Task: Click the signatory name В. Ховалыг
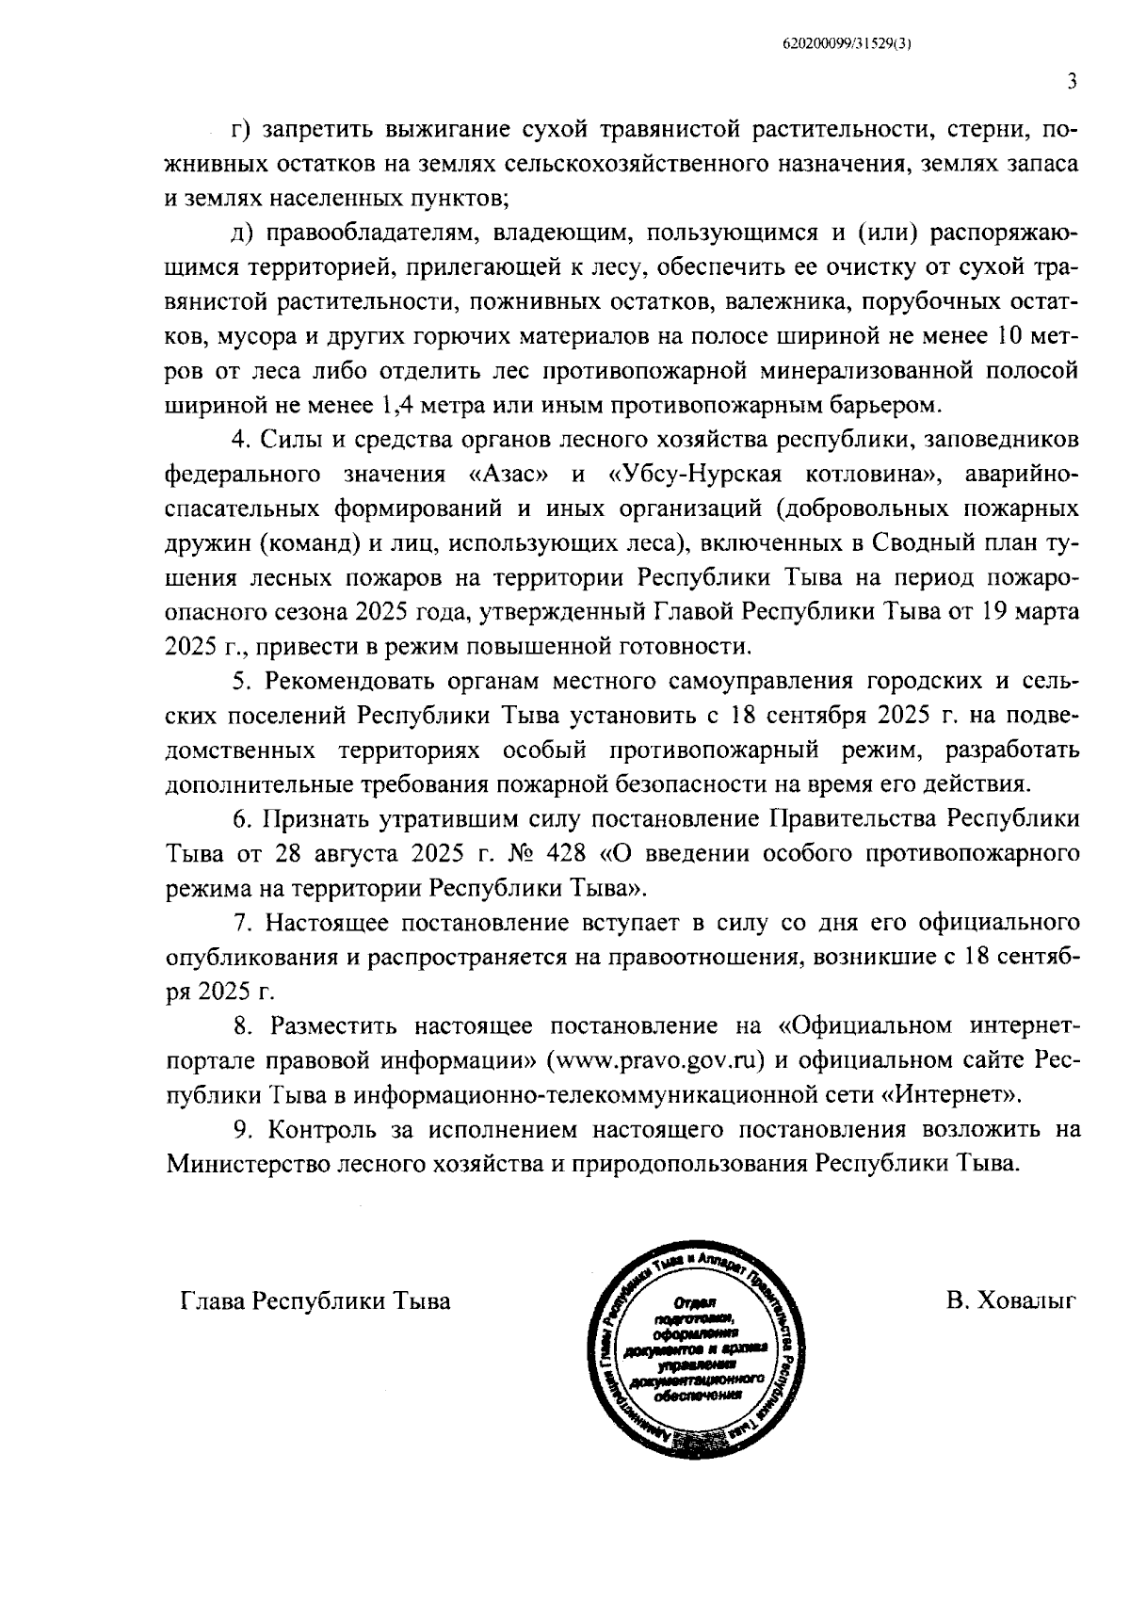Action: point(1012,1301)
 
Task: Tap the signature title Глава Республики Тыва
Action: point(315,1301)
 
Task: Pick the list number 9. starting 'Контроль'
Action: point(244,1128)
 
